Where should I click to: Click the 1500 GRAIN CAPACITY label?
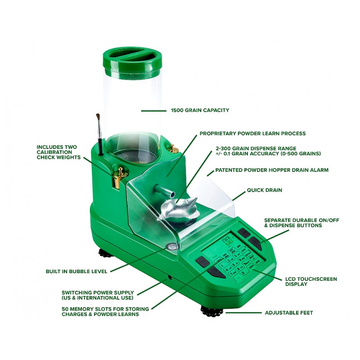coord(200,110)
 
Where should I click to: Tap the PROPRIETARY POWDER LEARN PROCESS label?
coord(252,133)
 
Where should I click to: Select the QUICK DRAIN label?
coord(265,190)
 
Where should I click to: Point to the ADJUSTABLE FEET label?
coord(289,313)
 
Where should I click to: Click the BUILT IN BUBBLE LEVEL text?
coord(76,271)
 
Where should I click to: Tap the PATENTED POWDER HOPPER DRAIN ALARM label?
coord(272,170)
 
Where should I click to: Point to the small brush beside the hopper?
coord(99,134)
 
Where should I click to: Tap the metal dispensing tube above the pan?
coord(164,192)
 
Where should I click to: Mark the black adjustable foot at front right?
coord(212,311)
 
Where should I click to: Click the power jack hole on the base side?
coord(170,277)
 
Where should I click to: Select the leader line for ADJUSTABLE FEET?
coord(243,313)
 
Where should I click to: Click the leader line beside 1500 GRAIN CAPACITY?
coord(153,111)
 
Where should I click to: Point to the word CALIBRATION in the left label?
coord(54,152)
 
